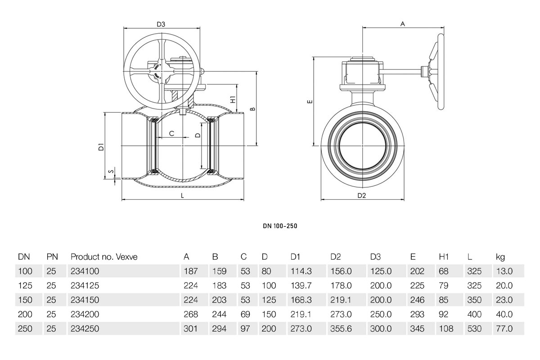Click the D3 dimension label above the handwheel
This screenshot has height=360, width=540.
161,24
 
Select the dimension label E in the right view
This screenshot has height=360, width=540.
309,102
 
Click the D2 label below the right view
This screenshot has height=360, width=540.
362,195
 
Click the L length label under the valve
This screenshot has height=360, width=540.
182,196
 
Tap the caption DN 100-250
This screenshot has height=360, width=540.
280,226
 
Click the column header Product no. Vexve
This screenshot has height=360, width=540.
104,257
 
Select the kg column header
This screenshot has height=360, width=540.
500,257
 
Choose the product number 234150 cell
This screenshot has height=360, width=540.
85,300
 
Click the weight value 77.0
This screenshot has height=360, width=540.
504,329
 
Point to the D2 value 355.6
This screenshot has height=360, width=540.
341,329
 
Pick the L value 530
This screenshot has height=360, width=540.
474,329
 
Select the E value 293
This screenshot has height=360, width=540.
417,315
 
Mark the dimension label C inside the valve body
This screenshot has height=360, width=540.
171,134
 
